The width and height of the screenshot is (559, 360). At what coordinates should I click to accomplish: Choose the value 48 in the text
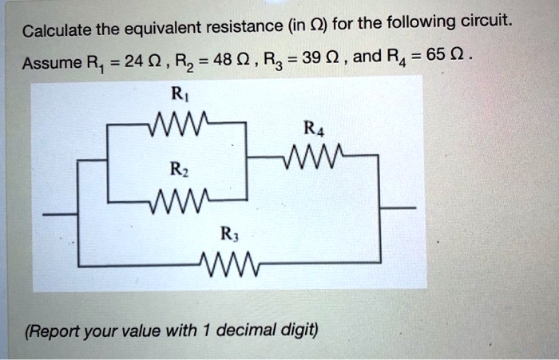[x=228, y=61]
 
